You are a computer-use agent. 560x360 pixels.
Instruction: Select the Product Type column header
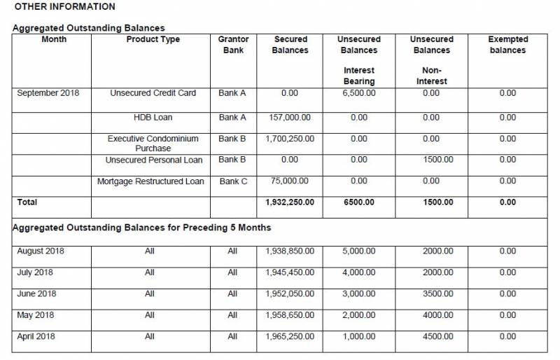click(153, 40)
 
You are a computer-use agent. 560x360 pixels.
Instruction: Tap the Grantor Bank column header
click(233, 45)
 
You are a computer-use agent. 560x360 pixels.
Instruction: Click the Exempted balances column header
click(507, 45)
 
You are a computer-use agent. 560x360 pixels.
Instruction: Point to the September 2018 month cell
click(48, 93)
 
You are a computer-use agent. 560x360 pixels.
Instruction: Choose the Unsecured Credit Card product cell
click(153, 93)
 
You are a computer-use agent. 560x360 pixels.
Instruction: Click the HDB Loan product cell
click(153, 118)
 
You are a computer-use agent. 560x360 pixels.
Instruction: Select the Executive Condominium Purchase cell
click(153, 144)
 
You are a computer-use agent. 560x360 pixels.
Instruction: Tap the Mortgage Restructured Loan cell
click(150, 181)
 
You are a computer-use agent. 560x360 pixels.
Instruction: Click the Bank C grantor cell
click(233, 181)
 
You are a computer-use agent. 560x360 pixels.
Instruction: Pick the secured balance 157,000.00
click(290, 118)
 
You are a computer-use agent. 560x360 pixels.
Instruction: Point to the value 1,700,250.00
click(290, 139)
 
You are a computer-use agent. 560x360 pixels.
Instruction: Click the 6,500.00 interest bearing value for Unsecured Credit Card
click(359, 93)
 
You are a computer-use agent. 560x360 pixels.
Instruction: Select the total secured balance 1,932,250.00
click(290, 202)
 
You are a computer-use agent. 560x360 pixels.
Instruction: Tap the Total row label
click(27, 202)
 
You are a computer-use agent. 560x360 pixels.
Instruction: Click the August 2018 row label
click(40, 251)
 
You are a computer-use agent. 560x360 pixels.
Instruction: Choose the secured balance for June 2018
click(290, 294)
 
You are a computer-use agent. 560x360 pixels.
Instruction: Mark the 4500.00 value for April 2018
click(438, 337)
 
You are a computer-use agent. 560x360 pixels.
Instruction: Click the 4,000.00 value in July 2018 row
click(359, 272)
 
